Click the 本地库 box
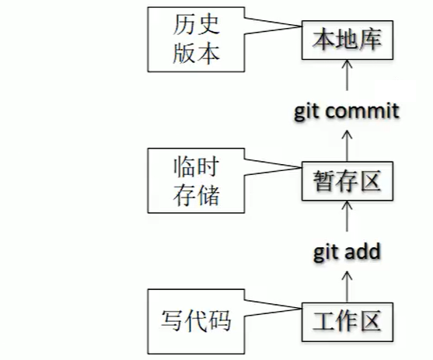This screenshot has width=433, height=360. coord(347,40)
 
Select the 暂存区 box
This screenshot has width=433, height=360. coord(347,181)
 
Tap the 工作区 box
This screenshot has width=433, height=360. coord(347,322)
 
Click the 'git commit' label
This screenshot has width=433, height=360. coord(347,111)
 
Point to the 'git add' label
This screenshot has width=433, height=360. coord(347,252)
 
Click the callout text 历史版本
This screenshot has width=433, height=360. coord(196,40)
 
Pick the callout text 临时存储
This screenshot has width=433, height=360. coord(196,180)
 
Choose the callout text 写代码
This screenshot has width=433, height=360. coord(196,321)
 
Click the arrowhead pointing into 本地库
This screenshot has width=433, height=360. coord(347,64)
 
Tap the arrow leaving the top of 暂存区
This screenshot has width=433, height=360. coord(347,146)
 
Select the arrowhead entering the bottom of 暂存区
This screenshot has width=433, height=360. coord(347,204)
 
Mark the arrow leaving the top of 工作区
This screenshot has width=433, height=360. coord(347,287)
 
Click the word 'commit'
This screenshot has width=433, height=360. coord(362,110)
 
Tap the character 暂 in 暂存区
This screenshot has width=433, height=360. coord(324,180)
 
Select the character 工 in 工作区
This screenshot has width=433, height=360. coord(324,322)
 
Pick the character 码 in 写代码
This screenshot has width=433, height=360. coord(219,321)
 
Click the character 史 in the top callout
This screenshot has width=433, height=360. coord(208,25)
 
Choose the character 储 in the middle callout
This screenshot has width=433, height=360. coord(208,195)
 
